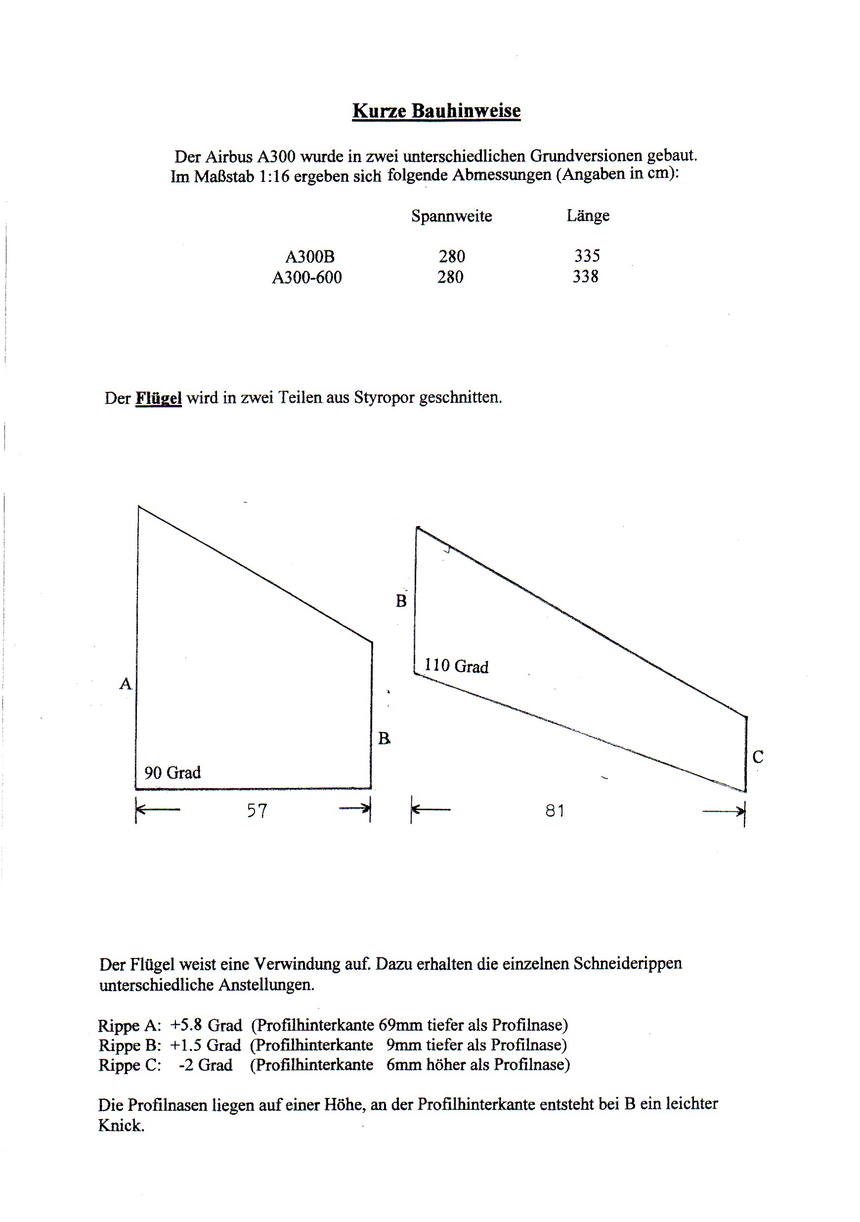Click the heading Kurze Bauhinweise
(436, 111)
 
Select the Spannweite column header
(451, 216)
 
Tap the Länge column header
(588, 216)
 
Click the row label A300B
(310, 257)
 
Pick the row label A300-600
(306, 277)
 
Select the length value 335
(587, 256)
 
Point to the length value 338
(585, 277)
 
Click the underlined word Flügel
(158, 398)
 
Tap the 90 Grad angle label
(172, 773)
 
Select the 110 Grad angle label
(456, 666)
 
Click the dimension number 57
(257, 811)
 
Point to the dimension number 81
(555, 811)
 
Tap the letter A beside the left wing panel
(125, 684)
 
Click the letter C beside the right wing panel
(758, 757)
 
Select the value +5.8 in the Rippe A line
(186, 1025)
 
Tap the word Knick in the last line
(121, 1126)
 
